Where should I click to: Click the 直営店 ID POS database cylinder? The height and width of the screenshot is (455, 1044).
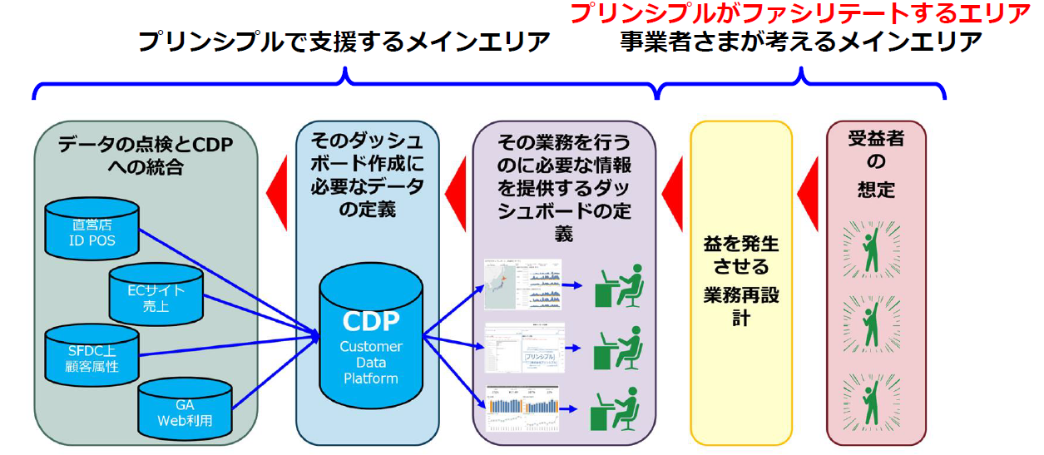[92, 230]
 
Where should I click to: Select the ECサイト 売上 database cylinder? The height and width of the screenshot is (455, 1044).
[156, 296]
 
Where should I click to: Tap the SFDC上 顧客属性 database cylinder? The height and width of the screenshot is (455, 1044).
[92, 356]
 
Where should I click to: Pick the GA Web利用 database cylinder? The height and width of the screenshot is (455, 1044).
[185, 408]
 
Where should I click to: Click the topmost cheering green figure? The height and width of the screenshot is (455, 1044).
[872, 250]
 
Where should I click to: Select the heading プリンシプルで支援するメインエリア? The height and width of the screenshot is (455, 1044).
[344, 42]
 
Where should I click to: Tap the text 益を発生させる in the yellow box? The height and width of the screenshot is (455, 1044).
[741, 256]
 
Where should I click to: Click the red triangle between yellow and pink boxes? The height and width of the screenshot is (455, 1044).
[808, 193]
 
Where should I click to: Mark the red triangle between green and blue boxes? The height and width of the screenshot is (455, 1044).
[276, 194]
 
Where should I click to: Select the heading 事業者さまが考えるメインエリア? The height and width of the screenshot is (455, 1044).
[800, 42]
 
